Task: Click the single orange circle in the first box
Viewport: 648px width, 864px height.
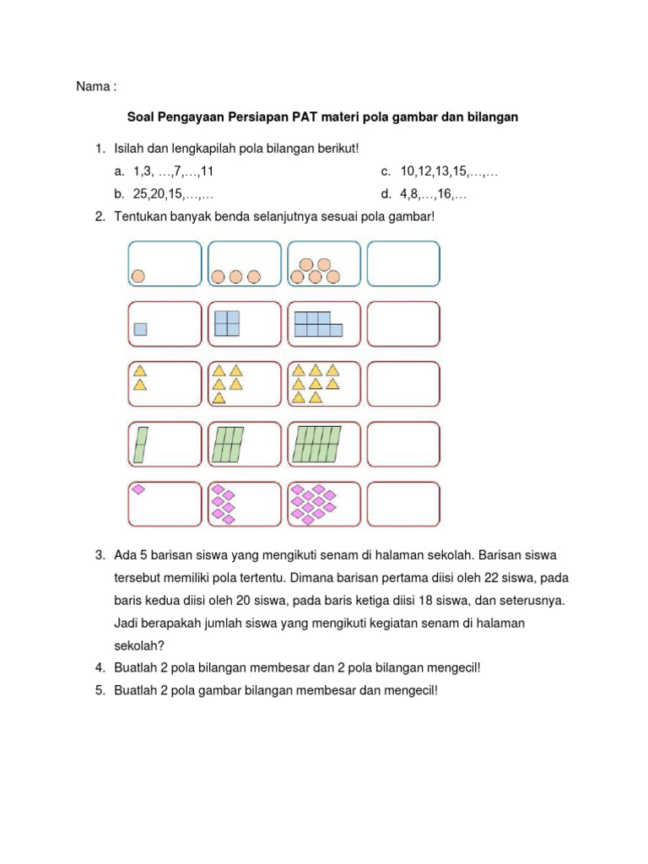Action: click(138, 275)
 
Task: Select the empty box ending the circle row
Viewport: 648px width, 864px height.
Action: click(404, 263)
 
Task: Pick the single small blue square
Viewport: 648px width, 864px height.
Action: click(141, 329)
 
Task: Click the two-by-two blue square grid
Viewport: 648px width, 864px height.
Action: click(227, 323)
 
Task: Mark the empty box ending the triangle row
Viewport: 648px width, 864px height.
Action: click(404, 384)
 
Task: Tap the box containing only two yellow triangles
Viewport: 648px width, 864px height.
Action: click(165, 384)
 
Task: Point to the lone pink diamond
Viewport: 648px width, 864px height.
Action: click(138, 489)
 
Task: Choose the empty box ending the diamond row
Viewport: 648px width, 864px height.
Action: click(404, 504)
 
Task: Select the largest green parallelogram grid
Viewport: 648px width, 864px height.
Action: click(316, 444)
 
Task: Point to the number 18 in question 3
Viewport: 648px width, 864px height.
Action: click(420, 601)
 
